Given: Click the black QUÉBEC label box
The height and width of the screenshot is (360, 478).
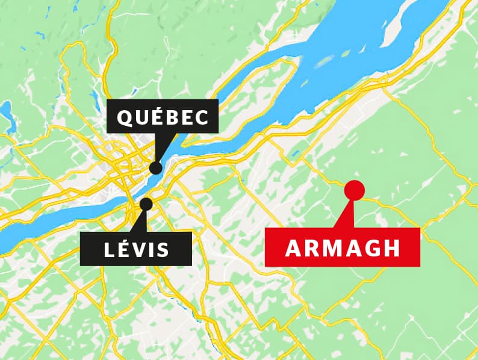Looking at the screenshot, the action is pyautogui.click(x=162, y=116).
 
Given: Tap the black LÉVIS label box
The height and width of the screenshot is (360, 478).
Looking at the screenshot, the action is pyautogui.click(x=136, y=249).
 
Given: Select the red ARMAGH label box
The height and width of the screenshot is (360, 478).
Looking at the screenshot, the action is pyautogui.click(x=342, y=247).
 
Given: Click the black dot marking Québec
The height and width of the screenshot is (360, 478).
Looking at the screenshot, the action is pyautogui.click(x=156, y=167).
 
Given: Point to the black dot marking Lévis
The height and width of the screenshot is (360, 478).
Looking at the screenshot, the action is pyautogui.click(x=146, y=203).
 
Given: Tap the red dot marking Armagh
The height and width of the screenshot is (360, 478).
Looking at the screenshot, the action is pyautogui.click(x=354, y=190).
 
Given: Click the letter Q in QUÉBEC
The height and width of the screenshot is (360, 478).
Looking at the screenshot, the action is pyautogui.click(x=124, y=117).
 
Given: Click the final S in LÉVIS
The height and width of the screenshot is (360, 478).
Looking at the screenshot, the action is pyautogui.click(x=162, y=249).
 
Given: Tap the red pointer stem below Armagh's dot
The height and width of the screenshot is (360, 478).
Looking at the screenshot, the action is pyautogui.click(x=346, y=214).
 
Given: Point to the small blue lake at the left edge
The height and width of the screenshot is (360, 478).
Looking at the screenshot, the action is pyautogui.click(x=7, y=114).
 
